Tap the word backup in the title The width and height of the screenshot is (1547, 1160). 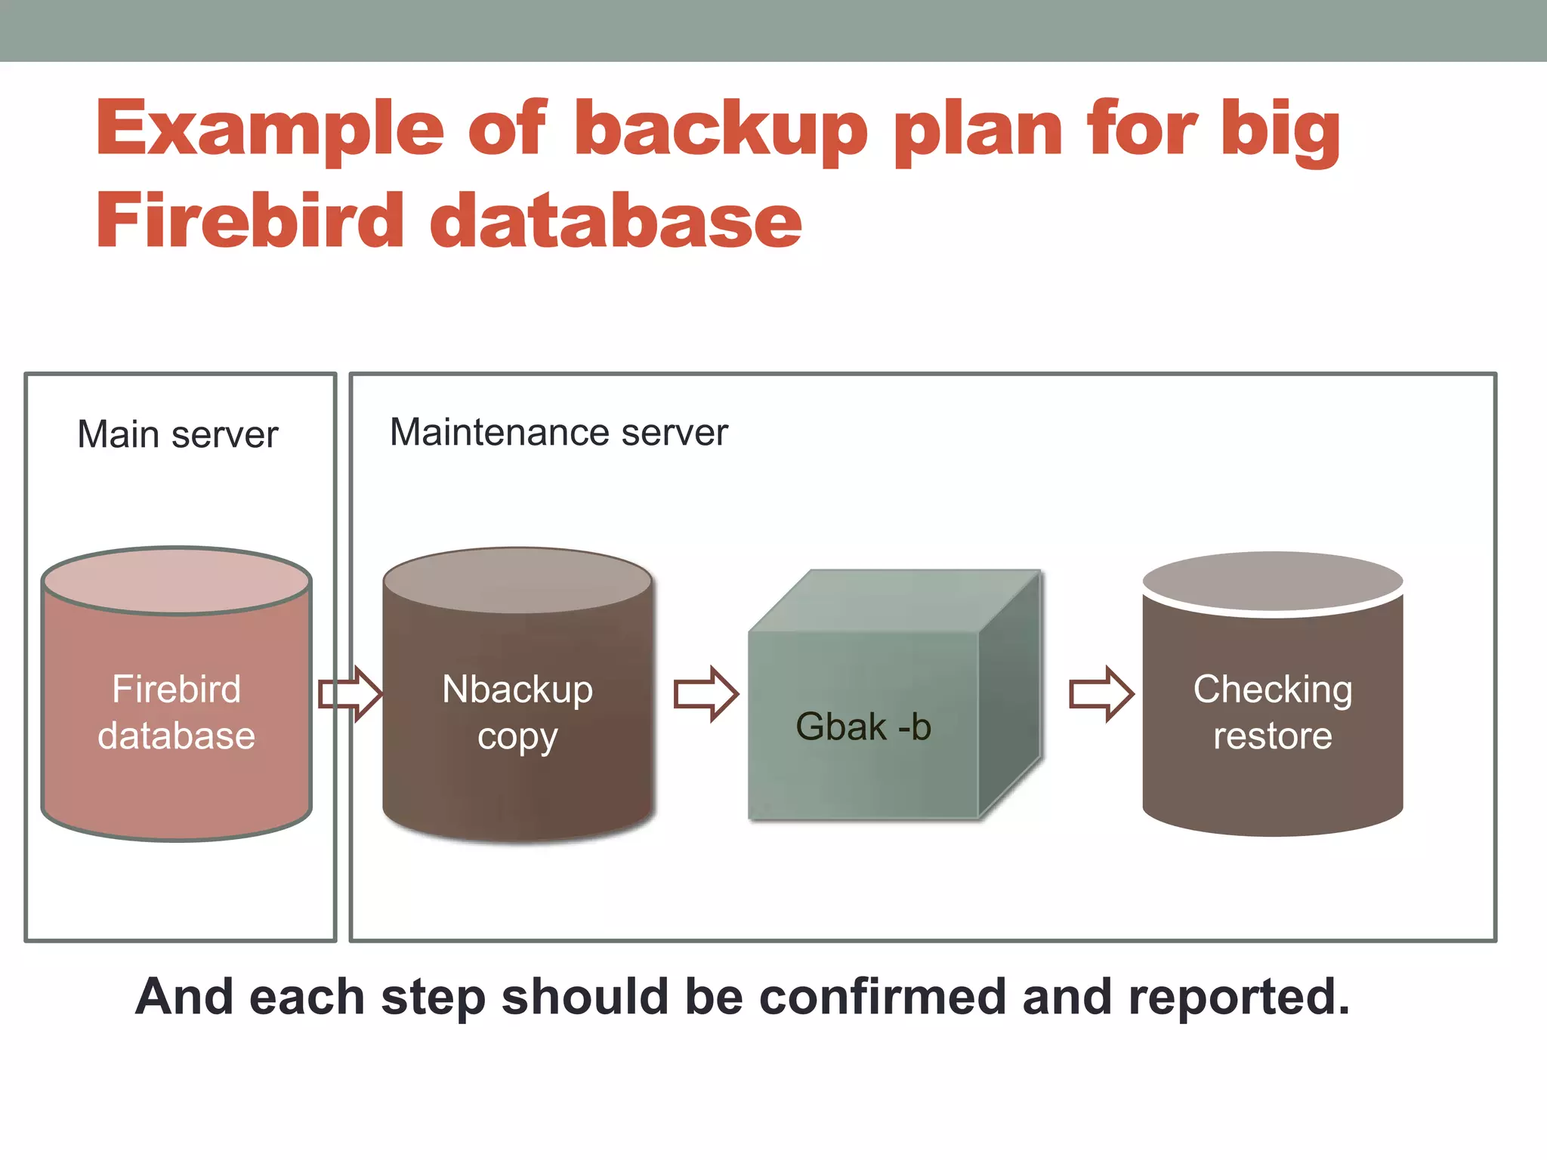point(721,130)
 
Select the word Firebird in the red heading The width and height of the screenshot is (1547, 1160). point(250,221)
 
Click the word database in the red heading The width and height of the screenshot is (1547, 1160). point(616,221)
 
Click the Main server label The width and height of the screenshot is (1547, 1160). point(178,435)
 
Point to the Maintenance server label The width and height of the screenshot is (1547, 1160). point(558,433)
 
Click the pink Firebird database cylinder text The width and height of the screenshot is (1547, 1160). point(177,712)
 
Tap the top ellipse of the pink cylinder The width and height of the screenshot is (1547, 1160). point(177,580)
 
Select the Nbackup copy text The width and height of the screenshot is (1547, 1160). point(517,712)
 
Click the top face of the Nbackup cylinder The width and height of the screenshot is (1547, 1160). point(517,580)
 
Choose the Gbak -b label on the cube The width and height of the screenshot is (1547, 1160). point(863,727)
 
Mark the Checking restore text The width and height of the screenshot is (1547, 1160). point(1273,712)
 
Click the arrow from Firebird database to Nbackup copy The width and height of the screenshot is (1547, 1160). point(350,693)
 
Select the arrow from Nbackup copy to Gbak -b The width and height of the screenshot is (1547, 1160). point(706,693)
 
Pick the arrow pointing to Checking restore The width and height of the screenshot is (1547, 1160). point(1101,693)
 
